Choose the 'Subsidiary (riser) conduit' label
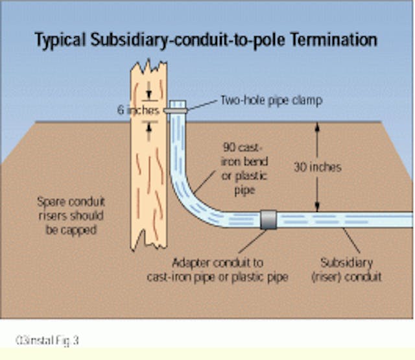click(x=353, y=268)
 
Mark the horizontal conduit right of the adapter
click(x=344, y=219)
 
